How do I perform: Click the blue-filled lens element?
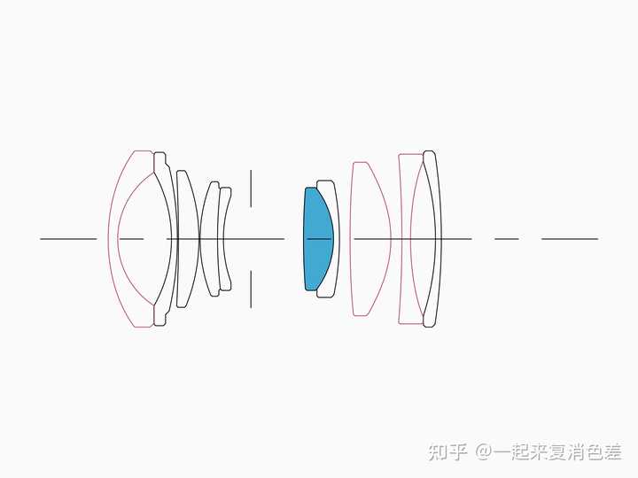pyautogui.click(x=316, y=239)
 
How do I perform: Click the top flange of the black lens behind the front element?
pyautogui.click(x=159, y=162)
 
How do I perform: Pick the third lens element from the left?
pyautogui.click(x=187, y=239)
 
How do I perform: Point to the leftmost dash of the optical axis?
pyautogui.click(x=68, y=239)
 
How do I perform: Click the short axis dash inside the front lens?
pyautogui.click(x=131, y=239)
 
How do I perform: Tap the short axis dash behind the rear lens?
pyautogui.click(x=507, y=239)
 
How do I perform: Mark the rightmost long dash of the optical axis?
pyautogui.click(x=570, y=239)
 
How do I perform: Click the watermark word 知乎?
pyautogui.click(x=447, y=452)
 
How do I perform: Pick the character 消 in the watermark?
pyautogui.click(x=567, y=452)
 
